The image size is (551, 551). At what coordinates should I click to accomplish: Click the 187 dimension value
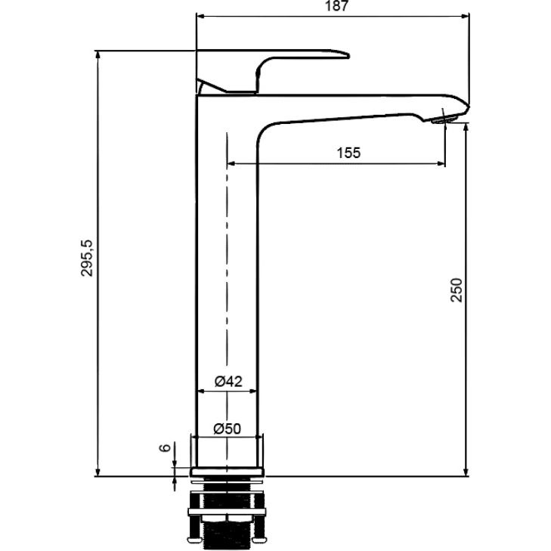[x=336, y=5]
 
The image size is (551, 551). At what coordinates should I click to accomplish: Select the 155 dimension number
[x=348, y=153]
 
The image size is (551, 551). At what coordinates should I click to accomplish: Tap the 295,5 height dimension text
[x=86, y=258]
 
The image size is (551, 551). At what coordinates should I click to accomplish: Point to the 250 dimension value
[x=457, y=289]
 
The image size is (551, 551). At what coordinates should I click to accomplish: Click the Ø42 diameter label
[x=228, y=381]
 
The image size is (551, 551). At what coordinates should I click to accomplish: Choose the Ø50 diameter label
[x=228, y=429]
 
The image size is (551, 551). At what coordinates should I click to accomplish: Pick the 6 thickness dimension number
[x=165, y=447]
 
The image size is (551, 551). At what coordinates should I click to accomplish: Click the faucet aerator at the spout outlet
[x=444, y=119]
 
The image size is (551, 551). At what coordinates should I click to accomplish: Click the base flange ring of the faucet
[x=227, y=472]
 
